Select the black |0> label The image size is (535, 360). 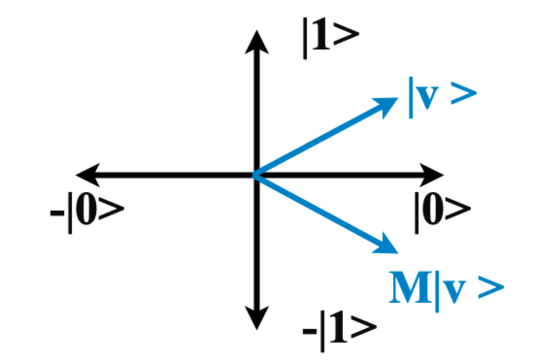[x=442, y=210]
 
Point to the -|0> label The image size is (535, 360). [x=87, y=212]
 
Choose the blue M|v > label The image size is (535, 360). [x=446, y=291]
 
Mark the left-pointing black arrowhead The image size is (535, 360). [x=87, y=175]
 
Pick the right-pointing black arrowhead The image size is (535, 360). [x=432, y=175]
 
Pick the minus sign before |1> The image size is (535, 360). [x=309, y=334]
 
